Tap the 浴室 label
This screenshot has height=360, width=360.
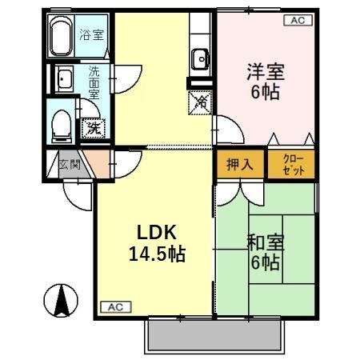tap(91, 34)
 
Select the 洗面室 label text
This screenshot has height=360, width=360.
tap(94, 82)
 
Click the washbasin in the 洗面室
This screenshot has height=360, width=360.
tap(64, 78)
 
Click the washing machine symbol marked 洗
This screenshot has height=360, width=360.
tap(93, 126)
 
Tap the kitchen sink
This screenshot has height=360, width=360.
tap(199, 58)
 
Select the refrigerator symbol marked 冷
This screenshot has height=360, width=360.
tap(201, 102)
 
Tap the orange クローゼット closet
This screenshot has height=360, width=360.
tap(290, 165)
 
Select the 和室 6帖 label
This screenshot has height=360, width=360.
tap(265, 251)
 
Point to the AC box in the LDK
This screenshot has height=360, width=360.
tap(112, 306)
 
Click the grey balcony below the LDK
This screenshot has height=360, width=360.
tap(216, 335)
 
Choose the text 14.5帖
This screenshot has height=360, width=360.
tap(157, 255)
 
